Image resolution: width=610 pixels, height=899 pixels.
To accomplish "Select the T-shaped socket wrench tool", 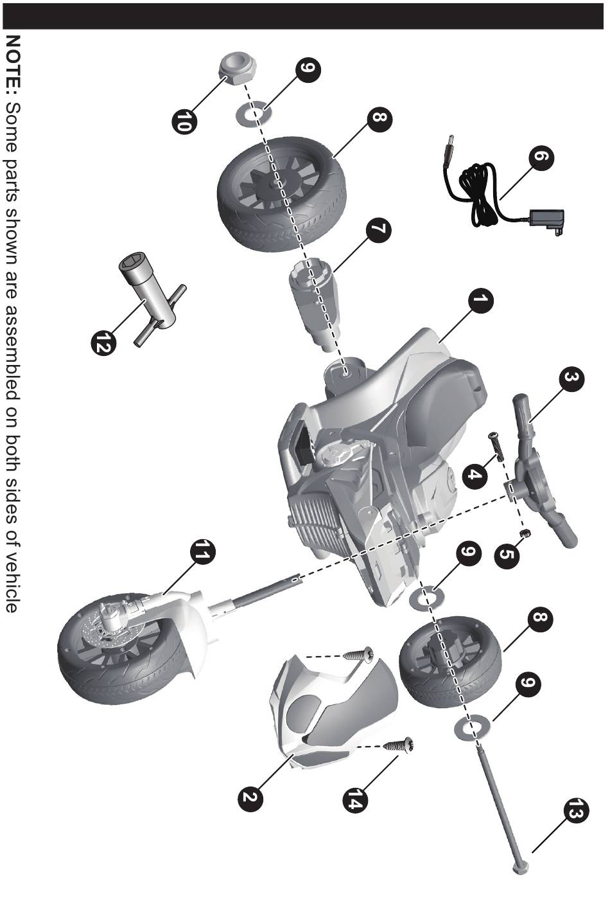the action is [x=152, y=299].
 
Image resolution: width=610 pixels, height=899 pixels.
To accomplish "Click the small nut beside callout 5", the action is [x=523, y=533].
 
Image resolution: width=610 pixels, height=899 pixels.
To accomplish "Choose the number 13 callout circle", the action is [x=577, y=811].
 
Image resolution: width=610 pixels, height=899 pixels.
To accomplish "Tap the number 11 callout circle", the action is [x=202, y=551].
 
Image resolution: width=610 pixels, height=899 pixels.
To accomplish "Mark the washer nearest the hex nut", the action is [x=252, y=113].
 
